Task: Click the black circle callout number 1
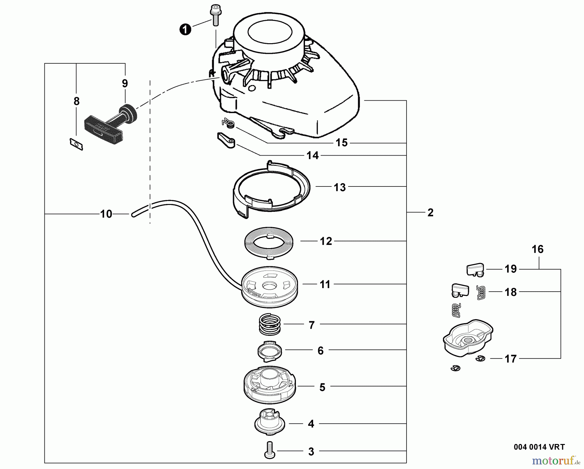185,30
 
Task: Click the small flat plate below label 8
77,144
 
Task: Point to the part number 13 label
340,187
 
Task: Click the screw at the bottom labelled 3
270,450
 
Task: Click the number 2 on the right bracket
430,213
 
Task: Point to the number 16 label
538,249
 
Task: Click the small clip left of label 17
480,358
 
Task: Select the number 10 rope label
106,214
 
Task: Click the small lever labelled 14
226,140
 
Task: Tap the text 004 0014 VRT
539,447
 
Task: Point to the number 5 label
322,387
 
